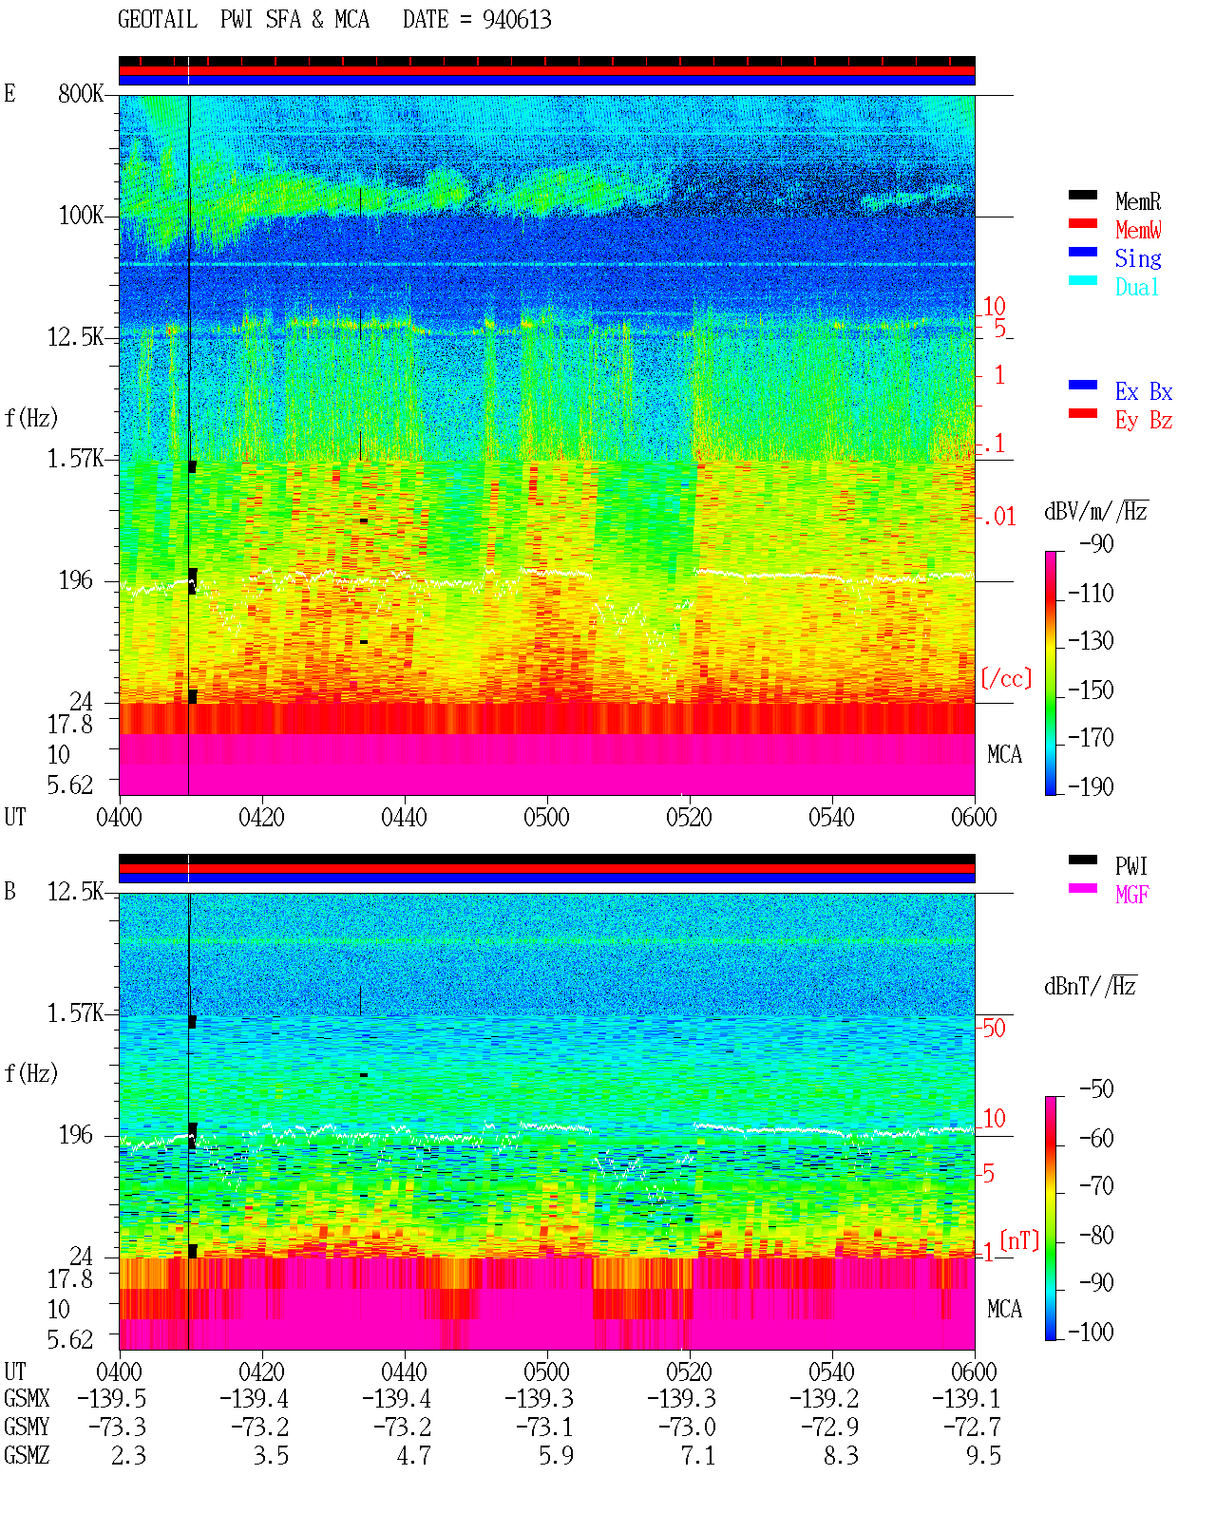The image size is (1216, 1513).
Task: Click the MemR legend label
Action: pos(1137,201)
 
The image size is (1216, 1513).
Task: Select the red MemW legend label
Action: pos(1137,230)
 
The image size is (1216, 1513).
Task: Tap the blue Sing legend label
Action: pos(1137,258)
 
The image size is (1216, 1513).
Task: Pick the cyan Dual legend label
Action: pos(1136,287)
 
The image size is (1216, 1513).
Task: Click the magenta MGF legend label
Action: pos(1131,895)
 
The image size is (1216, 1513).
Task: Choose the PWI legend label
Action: pos(1130,865)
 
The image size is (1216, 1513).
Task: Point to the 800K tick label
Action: pos(81,93)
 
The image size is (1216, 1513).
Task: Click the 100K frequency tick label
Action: pos(81,216)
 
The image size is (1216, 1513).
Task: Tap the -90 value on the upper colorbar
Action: pos(1096,543)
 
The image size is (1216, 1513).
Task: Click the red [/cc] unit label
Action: pos(1006,678)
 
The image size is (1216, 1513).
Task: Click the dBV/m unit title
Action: pos(1095,511)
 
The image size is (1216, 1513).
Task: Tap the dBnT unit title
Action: pos(1090,987)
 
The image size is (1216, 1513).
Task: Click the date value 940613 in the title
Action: pos(517,20)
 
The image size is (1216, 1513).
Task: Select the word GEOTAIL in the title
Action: pos(158,20)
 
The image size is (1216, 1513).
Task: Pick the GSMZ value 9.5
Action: pos(983,1455)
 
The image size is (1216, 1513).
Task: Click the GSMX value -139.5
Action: pos(111,1398)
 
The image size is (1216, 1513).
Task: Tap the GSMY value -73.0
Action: pos(687,1427)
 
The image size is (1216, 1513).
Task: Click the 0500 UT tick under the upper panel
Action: pos(546,818)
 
